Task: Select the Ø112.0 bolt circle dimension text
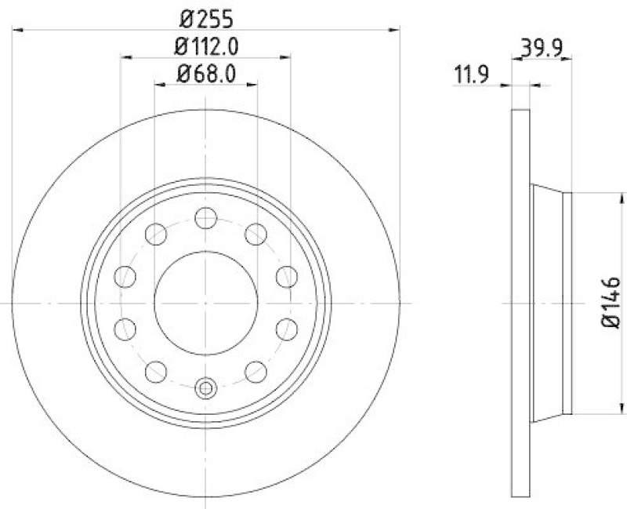206,46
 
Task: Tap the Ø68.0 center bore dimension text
206,75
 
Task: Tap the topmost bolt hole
205,218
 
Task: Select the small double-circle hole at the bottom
205,387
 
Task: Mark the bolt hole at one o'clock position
256,234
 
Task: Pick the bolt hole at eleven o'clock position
156,234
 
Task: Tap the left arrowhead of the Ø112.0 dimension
126,57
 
